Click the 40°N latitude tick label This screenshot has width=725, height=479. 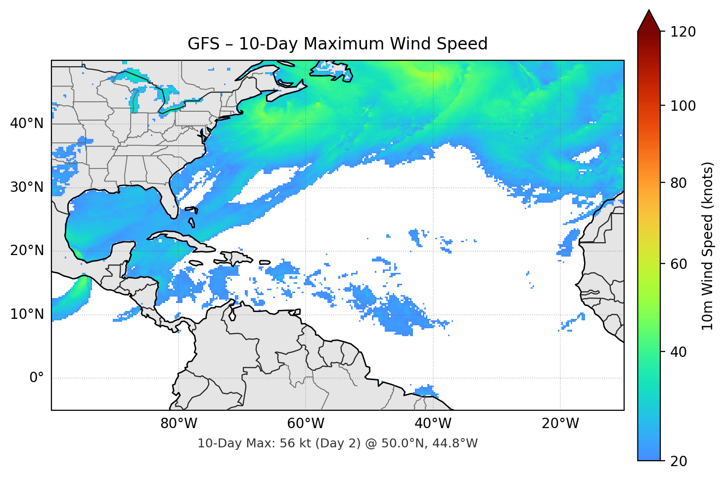coord(27,124)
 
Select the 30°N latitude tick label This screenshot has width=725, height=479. coord(27,187)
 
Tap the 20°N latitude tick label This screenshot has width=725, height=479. coord(27,251)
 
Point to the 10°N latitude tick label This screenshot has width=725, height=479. coord(27,314)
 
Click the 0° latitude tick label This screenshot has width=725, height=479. coord(37,378)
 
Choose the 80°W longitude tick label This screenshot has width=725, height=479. coord(179,424)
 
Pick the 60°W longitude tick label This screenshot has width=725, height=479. coord(306,424)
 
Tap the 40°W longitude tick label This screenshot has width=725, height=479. coord(433,424)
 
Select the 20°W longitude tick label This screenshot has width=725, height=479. coord(560,424)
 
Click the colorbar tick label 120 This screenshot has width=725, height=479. coord(682,32)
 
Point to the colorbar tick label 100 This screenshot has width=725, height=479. coord(682,106)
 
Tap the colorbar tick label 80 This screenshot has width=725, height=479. coord(679,183)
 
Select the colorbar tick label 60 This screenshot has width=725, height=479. coord(679,264)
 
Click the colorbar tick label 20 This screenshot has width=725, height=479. coord(679,461)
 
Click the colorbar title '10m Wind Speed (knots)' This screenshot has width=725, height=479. coord(708,246)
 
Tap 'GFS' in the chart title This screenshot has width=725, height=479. coord(203,44)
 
